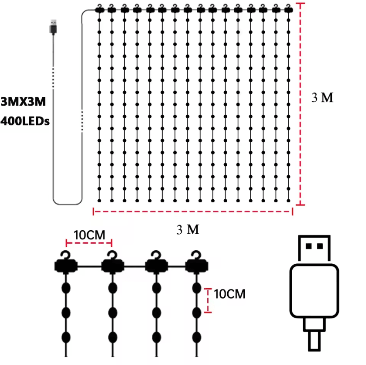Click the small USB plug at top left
click(53, 27)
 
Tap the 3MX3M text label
click(23, 102)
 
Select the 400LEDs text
click(25, 121)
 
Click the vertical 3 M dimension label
click(322, 98)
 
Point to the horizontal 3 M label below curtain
click(188, 230)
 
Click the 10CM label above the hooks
click(89, 235)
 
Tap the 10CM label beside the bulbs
click(229, 294)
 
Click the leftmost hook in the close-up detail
click(66, 255)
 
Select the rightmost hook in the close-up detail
click(197, 255)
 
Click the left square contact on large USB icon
click(308, 246)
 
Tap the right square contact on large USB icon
click(320, 246)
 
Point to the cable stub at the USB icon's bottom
click(314, 341)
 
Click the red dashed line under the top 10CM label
click(89, 243)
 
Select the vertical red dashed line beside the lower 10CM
click(208, 300)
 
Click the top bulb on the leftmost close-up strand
click(66, 288)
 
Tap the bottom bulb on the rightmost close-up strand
click(197, 337)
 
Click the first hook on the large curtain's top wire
click(99, 9)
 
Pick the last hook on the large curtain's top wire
click(288, 9)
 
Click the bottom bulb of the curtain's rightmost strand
click(288, 201)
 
